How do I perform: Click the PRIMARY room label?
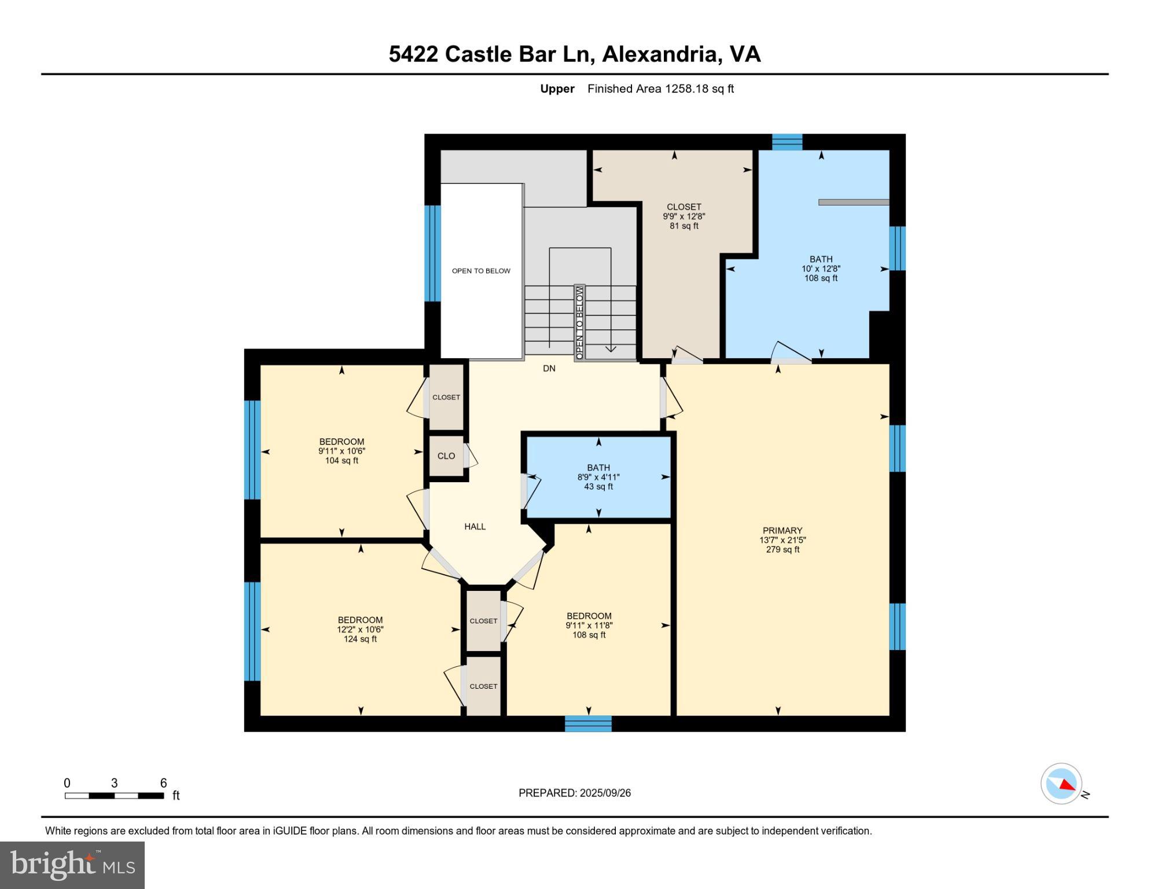(782, 530)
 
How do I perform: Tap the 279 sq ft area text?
(782, 549)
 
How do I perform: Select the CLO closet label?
(446, 456)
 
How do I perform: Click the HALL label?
(475, 527)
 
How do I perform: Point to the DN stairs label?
(549, 369)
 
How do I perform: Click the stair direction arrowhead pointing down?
(611, 348)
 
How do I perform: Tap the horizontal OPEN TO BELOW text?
(481, 271)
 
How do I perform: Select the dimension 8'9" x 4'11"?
(598, 477)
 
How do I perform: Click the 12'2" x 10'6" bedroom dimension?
(360, 630)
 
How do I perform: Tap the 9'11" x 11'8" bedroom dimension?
(589, 626)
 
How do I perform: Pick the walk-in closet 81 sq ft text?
(684, 226)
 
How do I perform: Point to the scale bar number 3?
(114, 783)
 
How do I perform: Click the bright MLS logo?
(72, 865)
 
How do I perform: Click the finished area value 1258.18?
(686, 89)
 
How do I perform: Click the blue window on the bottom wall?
(588, 723)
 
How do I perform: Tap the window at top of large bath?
(787, 142)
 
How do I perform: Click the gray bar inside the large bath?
(853, 202)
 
